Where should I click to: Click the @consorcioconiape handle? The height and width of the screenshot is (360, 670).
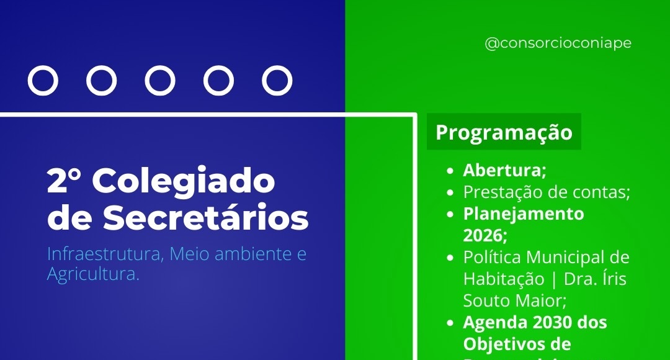(x=558, y=44)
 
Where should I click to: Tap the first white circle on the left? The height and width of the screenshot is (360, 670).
(x=43, y=81)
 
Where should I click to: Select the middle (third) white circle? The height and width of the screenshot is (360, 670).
(x=160, y=81)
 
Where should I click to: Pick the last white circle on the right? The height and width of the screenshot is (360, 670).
(x=277, y=81)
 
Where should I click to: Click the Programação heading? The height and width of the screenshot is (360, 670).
(x=504, y=133)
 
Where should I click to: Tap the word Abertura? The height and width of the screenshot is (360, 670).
(x=502, y=170)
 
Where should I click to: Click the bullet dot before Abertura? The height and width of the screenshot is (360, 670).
(x=450, y=170)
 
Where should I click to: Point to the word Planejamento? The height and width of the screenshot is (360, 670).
(x=524, y=214)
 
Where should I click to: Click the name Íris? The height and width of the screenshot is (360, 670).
(x=612, y=279)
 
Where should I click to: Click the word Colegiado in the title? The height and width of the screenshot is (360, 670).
(x=186, y=182)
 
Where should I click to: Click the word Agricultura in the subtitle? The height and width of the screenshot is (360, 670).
(x=92, y=274)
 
